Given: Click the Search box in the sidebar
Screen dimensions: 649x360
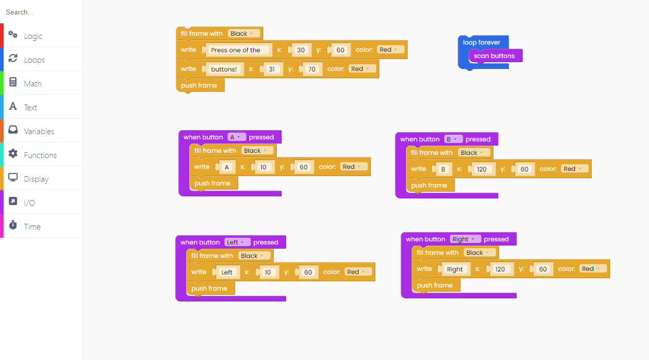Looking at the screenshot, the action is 41,12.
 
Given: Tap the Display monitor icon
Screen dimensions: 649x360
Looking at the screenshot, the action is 13,177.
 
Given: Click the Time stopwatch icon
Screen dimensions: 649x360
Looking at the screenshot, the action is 13,225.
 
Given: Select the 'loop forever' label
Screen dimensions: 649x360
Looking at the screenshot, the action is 482,42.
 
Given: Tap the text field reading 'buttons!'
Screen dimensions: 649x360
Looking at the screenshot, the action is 224,69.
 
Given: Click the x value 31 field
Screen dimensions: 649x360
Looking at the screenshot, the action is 272,69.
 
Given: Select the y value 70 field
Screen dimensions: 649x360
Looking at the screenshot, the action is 312,69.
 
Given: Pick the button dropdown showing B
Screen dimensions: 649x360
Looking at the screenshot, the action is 453,139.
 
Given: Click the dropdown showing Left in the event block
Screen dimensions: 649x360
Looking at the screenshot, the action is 237,242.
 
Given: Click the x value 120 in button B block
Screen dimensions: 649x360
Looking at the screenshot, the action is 482,169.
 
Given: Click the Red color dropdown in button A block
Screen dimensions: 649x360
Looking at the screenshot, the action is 354,167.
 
